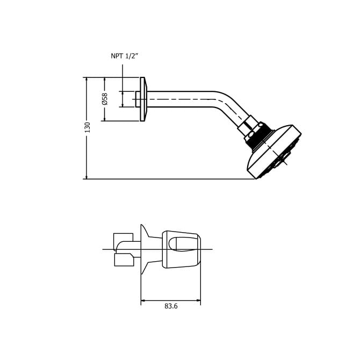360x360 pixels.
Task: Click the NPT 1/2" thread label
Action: point(125,56)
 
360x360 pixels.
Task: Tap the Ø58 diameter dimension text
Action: point(105,99)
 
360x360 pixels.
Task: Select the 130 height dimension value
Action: point(87,127)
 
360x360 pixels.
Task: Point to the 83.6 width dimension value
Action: point(171,306)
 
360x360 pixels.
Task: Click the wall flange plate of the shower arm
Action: point(143,99)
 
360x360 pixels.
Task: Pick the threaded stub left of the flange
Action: point(138,99)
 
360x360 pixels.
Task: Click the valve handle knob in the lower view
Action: point(182,249)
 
